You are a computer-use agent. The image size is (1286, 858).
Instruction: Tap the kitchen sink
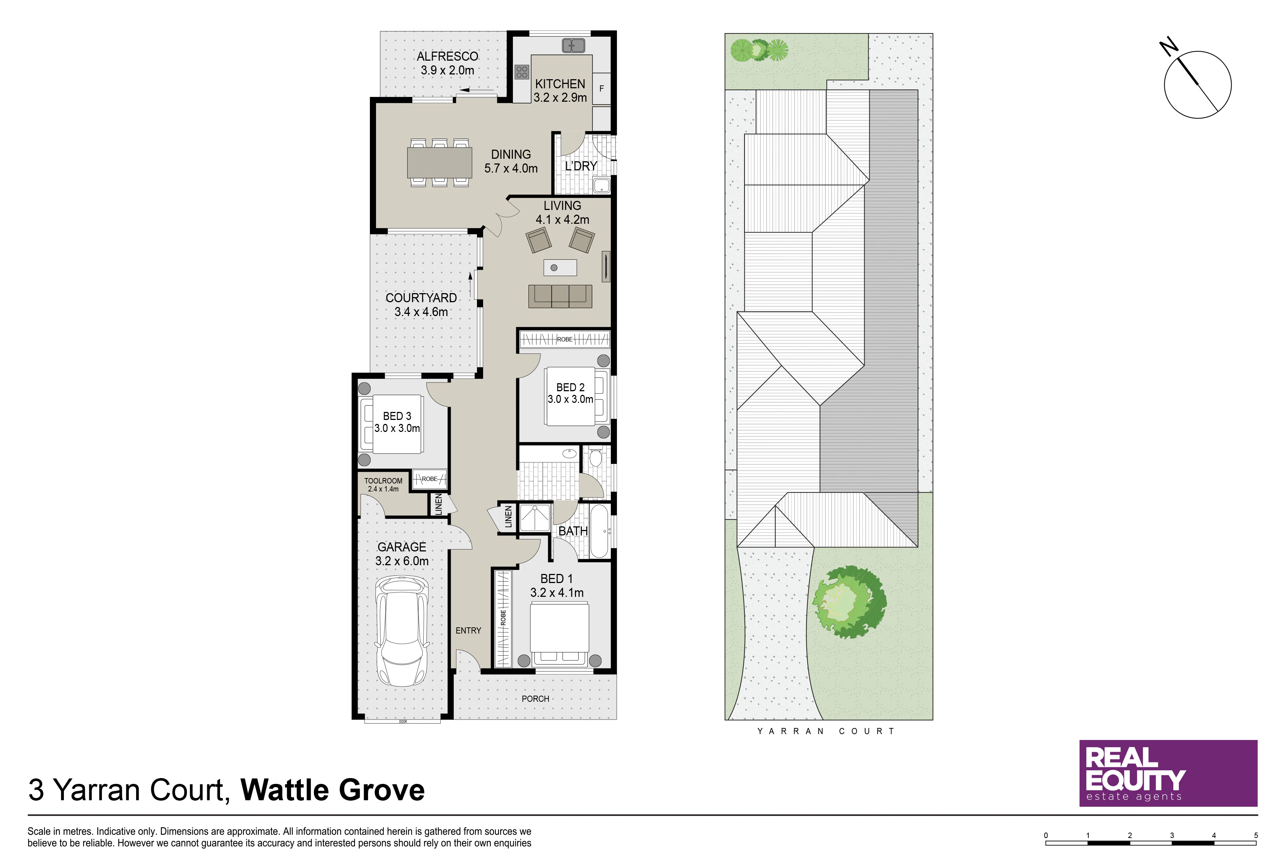pyautogui.click(x=573, y=45)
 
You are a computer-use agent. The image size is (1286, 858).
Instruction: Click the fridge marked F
pyautogui.click(x=601, y=88)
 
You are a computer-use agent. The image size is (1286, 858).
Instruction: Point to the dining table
pyautogui.click(x=440, y=162)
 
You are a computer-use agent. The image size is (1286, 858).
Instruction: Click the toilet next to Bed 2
pyautogui.click(x=595, y=457)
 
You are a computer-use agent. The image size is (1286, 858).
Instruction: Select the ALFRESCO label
pyautogui.click(x=447, y=56)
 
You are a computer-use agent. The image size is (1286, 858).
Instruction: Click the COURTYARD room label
pyautogui.click(x=421, y=298)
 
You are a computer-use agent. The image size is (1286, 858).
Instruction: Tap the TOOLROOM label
pyautogui.click(x=383, y=481)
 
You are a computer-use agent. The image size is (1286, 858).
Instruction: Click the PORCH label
pyautogui.click(x=535, y=699)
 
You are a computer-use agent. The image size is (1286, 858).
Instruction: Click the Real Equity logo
pyautogui.click(x=1168, y=773)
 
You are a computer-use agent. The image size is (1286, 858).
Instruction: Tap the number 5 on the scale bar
pyautogui.click(x=1256, y=835)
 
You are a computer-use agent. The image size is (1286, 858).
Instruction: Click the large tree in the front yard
pyautogui.click(x=849, y=602)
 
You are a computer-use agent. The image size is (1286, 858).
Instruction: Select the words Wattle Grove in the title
pyautogui.click(x=332, y=790)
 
